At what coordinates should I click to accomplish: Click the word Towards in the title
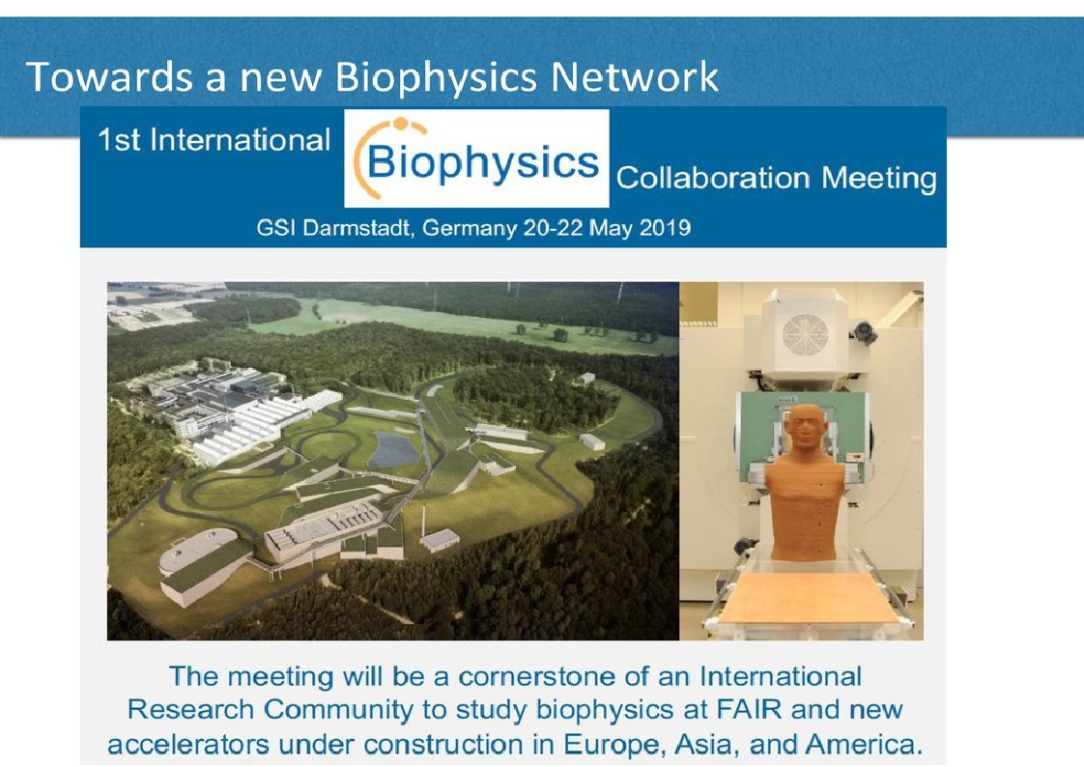point(109,76)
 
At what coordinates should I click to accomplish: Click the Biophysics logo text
point(482,164)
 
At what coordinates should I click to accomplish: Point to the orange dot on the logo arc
point(400,125)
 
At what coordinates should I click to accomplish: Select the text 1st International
point(214,140)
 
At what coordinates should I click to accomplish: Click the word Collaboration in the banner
point(713,179)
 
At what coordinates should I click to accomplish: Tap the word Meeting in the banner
point(878,180)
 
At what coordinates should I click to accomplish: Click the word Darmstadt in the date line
point(357,228)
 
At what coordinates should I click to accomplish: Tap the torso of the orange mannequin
point(806,509)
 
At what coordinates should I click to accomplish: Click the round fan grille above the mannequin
point(805,335)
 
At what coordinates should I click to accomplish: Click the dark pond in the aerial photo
point(393,449)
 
